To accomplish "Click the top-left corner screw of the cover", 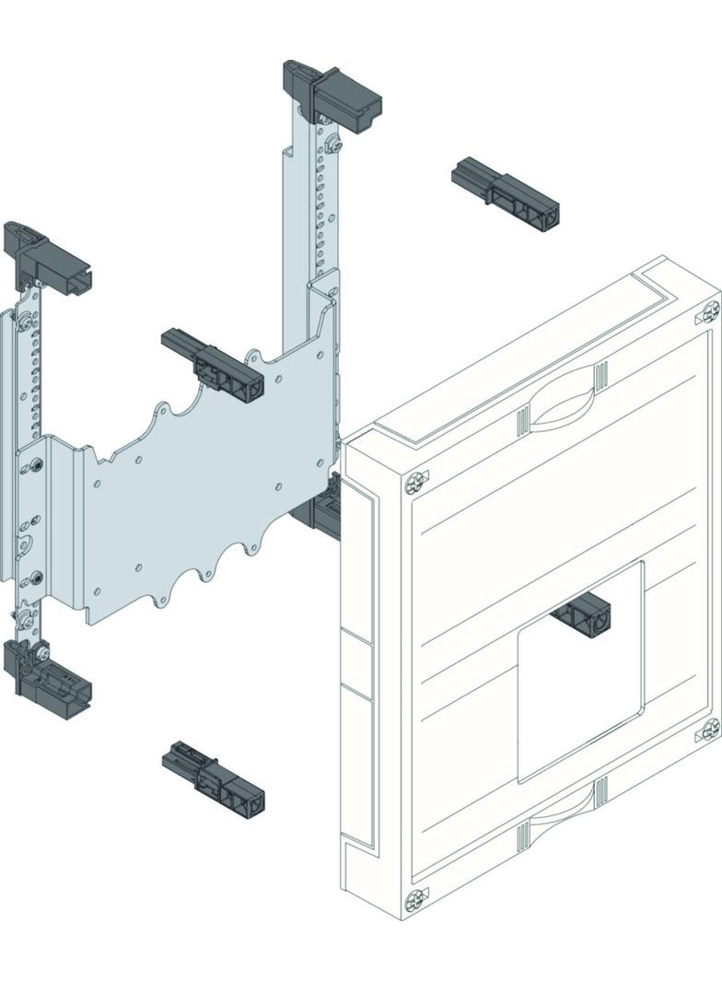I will click(x=416, y=481).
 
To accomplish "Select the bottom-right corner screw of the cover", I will click(x=709, y=730).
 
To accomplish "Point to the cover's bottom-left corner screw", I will click(x=416, y=896).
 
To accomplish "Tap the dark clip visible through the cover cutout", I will click(x=582, y=614).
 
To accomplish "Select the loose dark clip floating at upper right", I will click(x=507, y=193).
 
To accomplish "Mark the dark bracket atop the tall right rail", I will click(x=332, y=91).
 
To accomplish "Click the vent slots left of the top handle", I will click(x=523, y=420).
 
